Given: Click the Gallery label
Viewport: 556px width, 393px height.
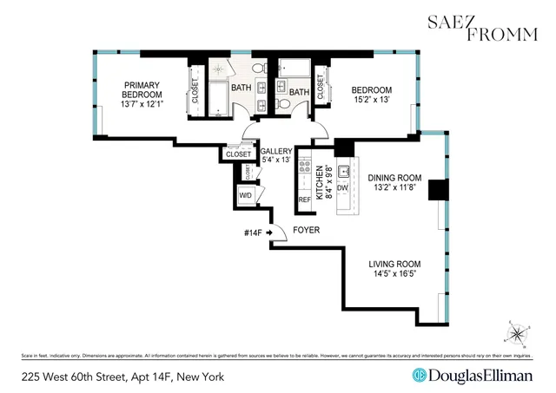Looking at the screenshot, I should pos(275,151).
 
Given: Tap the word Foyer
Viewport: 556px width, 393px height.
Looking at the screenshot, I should pos(306,231).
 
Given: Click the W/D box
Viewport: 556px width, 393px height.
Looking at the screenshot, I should pos(247,195).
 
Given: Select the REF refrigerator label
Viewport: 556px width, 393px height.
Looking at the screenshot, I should pos(304,200).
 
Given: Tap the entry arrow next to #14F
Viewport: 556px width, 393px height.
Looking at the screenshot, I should pos(271,232).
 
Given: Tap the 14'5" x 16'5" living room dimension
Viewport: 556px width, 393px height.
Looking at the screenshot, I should pos(394,274).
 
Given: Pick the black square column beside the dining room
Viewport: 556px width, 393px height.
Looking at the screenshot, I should pos(439,190).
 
